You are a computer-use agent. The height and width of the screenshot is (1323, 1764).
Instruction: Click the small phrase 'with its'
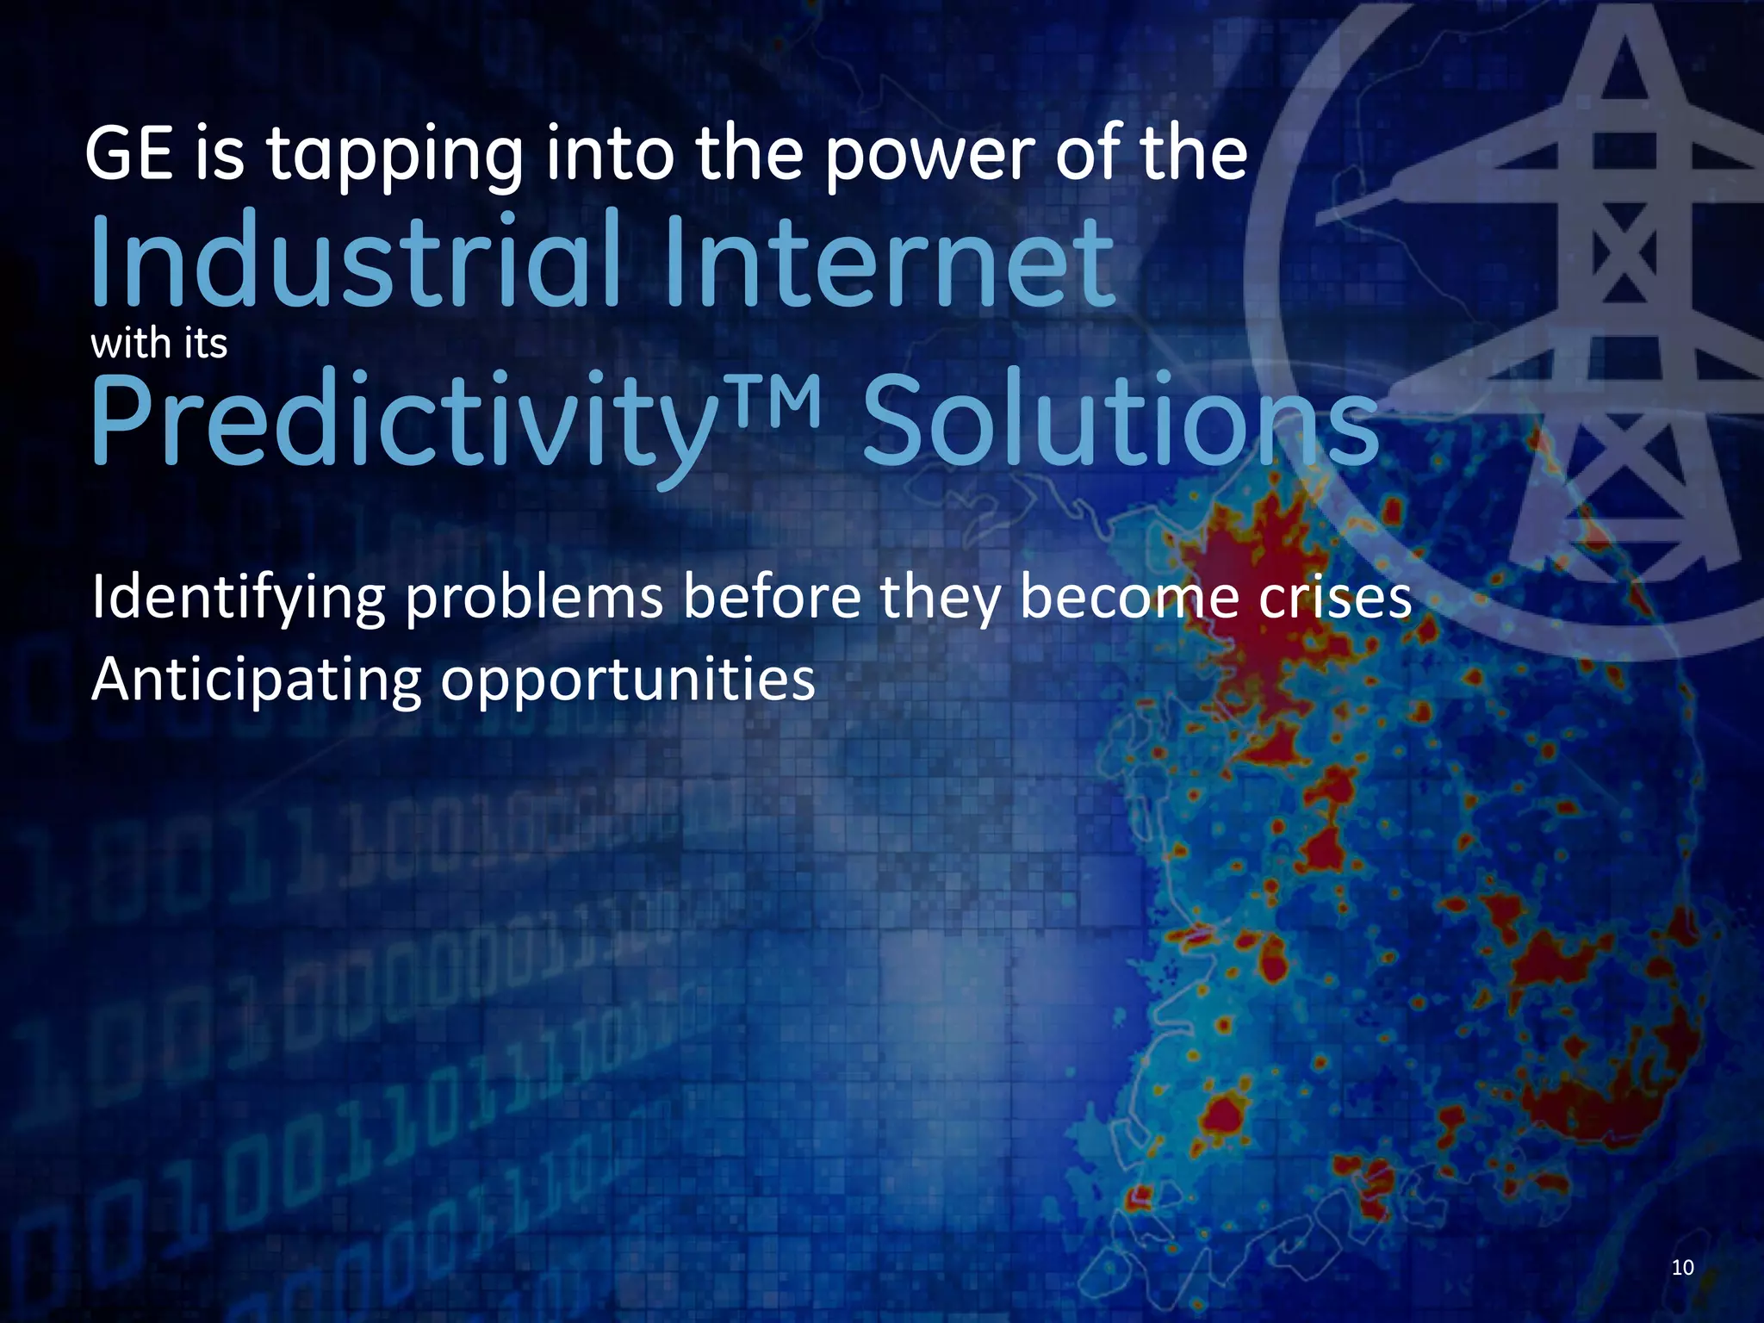pos(159,344)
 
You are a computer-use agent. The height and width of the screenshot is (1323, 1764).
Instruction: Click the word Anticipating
pos(256,681)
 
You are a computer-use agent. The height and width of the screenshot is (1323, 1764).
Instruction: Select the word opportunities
pos(628,683)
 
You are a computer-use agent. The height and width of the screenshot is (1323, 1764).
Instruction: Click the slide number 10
pos(1682,1267)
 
